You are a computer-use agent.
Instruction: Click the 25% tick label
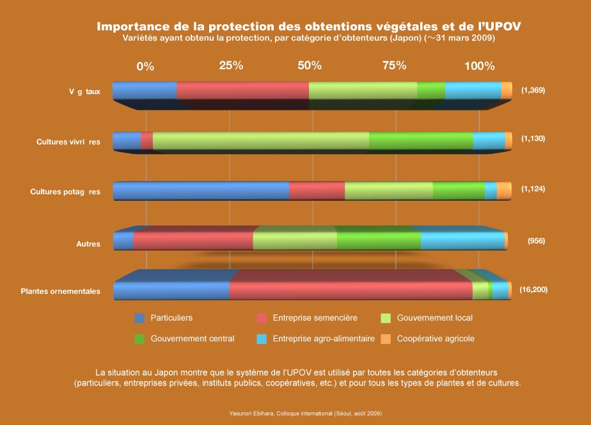click(231, 66)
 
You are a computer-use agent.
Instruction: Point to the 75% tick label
click(395, 66)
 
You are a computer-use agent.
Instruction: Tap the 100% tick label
click(479, 66)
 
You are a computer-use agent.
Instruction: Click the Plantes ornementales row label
click(60, 291)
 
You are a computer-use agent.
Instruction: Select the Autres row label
click(88, 244)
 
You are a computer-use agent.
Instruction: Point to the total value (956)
click(536, 241)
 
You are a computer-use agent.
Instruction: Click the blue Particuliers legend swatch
click(140, 318)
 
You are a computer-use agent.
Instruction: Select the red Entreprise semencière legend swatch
click(262, 318)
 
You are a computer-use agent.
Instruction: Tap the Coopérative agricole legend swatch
click(386, 339)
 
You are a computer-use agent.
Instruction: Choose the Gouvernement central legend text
click(193, 339)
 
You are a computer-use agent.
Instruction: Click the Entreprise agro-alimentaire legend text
click(324, 339)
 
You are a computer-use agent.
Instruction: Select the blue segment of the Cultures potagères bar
click(201, 191)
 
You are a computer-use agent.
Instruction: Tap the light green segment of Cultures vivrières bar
click(261, 141)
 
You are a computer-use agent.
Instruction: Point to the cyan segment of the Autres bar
click(462, 241)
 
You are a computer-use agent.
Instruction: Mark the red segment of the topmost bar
click(242, 91)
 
